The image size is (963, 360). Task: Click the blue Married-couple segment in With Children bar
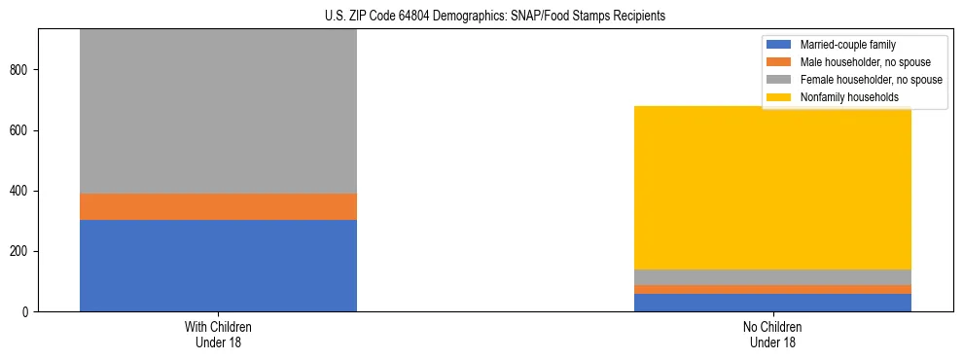[x=218, y=266]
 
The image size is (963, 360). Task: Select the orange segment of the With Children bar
[x=218, y=206]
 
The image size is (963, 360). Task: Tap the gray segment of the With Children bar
[x=218, y=112]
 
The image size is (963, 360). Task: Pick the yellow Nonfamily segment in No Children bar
[x=772, y=188]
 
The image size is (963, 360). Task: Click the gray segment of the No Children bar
[x=772, y=277]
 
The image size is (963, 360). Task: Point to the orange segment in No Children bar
[x=772, y=289]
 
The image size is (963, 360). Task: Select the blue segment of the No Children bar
[x=772, y=303]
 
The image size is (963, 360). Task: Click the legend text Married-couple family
[x=847, y=45]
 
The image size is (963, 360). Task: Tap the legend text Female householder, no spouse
[x=871, y=80]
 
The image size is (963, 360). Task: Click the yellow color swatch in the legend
[x=779, y=97]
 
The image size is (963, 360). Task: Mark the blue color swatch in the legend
[x=779, y=45]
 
